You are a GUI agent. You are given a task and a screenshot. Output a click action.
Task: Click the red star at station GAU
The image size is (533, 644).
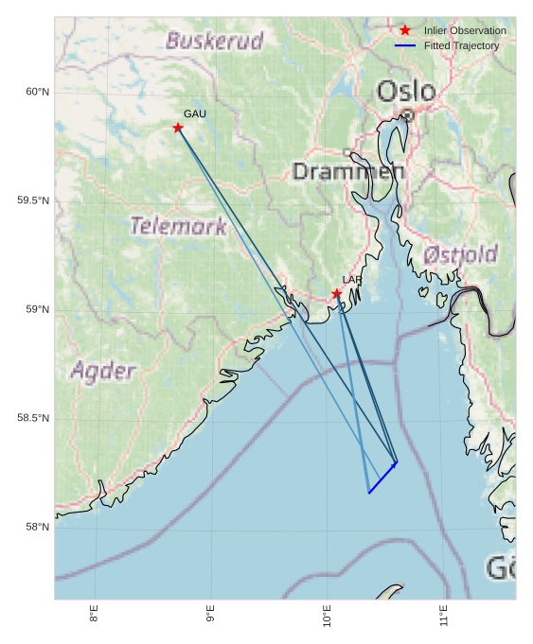[x=178, y=128]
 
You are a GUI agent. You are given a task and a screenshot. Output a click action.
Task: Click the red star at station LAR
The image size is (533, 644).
[x=337, y=293]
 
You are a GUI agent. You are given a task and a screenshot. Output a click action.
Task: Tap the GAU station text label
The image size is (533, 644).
[x=195, y=113]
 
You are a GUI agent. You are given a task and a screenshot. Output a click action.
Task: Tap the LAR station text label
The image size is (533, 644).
[x=352, y=280]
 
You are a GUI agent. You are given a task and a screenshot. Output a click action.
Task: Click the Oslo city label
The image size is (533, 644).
[x=406, y=92]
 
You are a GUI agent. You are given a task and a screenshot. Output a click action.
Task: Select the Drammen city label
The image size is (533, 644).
[x=348, y=171]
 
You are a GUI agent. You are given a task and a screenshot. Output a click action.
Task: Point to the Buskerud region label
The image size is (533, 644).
[x=214, y=41]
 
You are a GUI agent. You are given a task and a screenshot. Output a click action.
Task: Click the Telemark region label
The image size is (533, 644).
[x=178, y=226]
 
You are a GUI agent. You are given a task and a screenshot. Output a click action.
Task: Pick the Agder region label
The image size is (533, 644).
[x=103, y=371]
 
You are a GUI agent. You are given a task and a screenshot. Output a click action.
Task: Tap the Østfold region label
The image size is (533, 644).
[x=460, y=254]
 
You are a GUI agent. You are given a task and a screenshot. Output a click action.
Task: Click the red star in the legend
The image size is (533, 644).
[x=405, y=30]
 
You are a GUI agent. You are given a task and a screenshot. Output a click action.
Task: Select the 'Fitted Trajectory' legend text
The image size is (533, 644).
[x=461, y=45]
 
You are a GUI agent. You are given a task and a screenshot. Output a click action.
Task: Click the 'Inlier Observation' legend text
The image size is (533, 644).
[x=465, y=30]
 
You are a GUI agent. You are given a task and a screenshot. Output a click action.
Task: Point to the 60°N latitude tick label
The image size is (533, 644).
[x=37, y=92]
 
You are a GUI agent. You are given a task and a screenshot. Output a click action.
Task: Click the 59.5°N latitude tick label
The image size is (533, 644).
[x=33, y=200]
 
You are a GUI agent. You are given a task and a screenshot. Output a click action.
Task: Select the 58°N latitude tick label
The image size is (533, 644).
[x=37, y=527]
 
